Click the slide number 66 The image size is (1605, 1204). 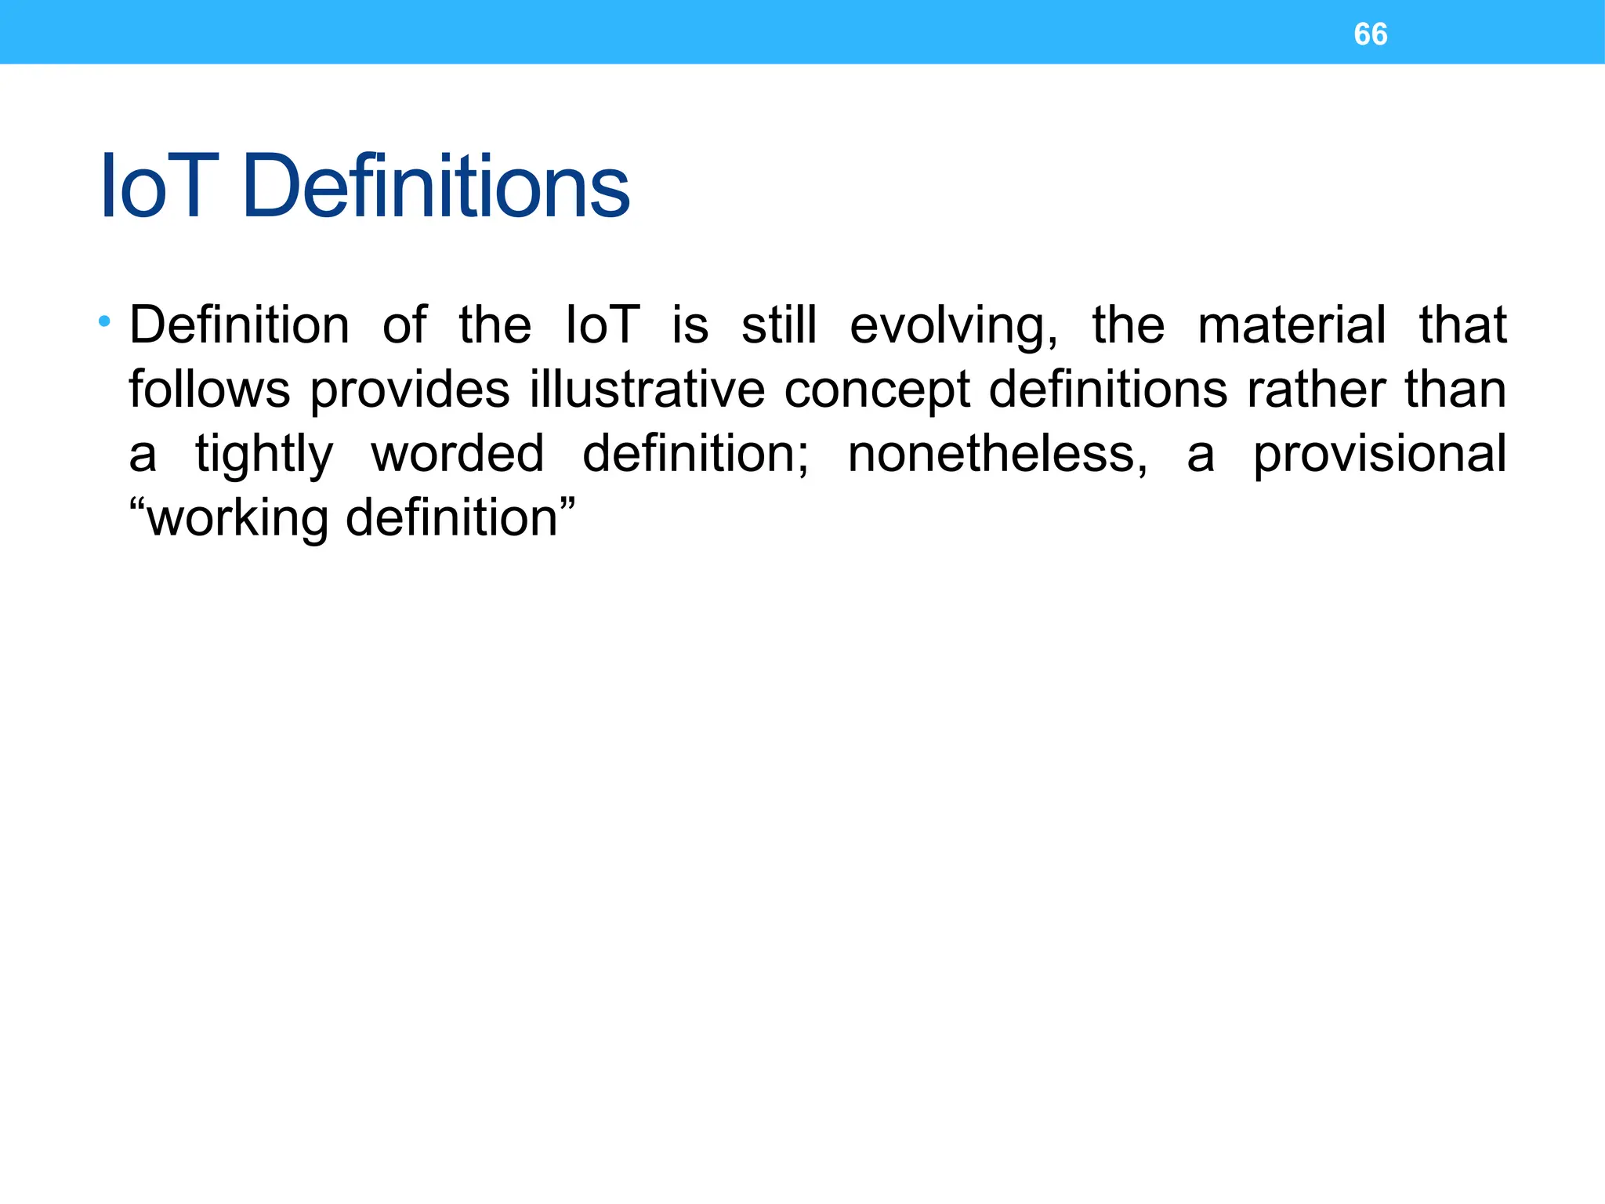[1370, 34]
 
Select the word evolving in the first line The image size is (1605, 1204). [953, 326]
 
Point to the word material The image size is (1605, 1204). [1292, 326]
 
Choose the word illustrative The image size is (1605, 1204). [647, 390]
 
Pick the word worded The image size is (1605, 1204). [457, 454]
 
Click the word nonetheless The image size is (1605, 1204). [997, 454]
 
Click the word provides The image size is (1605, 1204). [409, 391]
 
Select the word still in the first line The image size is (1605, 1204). [779, 326]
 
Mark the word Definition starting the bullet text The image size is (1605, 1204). [239, 326]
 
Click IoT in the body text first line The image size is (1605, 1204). [602, 326]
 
